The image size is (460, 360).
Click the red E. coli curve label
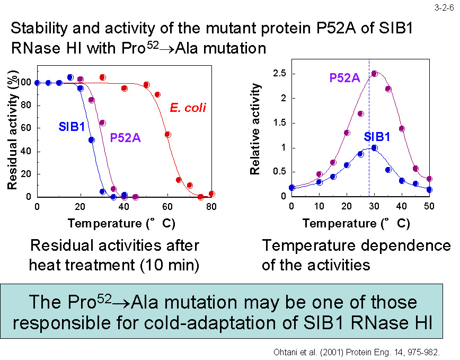coord(188,108)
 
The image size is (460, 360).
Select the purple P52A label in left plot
coord(125,138)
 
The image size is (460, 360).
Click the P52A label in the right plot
coord(345,78)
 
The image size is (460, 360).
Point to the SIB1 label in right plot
coord(377,137)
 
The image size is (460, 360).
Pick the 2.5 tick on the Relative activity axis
coord(280,73)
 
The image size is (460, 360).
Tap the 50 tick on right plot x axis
coord(429,206)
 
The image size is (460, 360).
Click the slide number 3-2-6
coord(444,8)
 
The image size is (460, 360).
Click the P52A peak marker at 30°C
coord(374,74)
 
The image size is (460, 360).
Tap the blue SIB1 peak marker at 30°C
coord(374,148)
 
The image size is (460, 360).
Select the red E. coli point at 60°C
coord(167,135)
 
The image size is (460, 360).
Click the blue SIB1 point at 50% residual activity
coord(91,140)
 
